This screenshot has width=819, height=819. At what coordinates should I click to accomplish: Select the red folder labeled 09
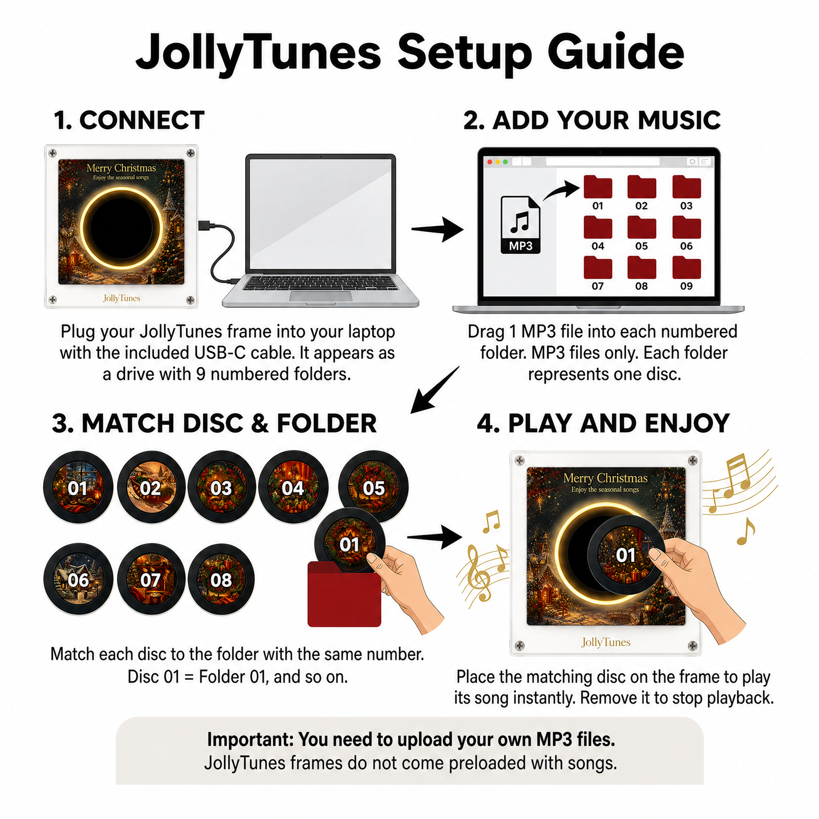(686, 267)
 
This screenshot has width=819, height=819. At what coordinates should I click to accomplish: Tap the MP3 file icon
(521, 224)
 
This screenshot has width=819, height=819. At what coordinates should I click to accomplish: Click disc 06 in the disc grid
(78, 579)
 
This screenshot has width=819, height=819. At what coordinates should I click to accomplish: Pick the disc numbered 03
(221, 487)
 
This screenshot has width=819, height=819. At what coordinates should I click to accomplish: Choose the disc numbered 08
(221, 579)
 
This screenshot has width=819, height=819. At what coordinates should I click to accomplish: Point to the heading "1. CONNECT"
(129, 120)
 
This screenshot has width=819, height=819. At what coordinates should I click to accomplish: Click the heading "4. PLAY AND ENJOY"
(603, 423)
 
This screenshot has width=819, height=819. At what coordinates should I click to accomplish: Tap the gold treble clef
(478, 573)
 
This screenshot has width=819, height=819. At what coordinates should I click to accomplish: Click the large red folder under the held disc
(344, 594)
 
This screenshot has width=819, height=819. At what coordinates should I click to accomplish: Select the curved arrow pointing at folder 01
(561, 191)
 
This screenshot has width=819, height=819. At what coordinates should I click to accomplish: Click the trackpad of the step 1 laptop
(321, 296)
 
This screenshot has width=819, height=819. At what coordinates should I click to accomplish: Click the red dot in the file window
(490, 162)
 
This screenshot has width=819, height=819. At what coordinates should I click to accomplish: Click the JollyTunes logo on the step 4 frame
(606, 642)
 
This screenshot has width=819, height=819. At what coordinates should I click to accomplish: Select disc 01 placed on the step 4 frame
(626, 555)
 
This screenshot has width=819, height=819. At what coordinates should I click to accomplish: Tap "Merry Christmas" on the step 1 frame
(121, 168)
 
